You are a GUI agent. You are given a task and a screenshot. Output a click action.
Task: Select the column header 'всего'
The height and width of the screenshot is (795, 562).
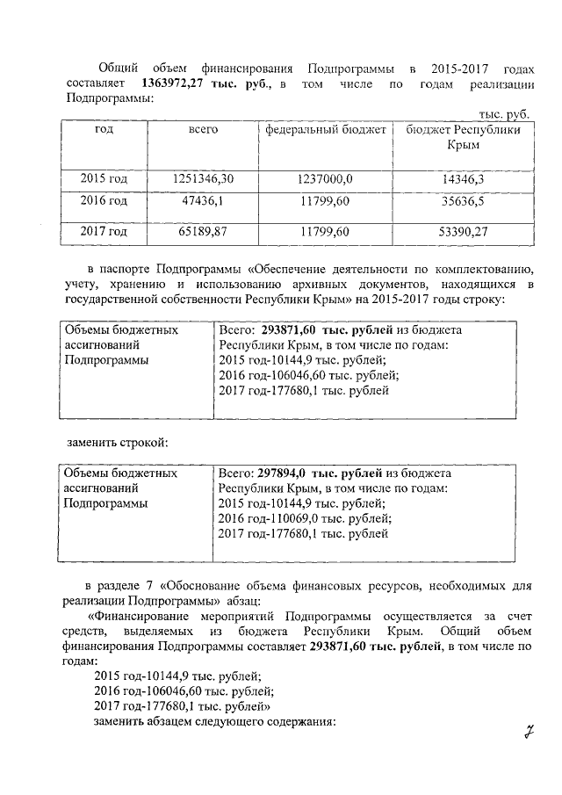[204, 129]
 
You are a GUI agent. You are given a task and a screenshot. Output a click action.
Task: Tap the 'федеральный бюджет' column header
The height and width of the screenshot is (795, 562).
[326, 129]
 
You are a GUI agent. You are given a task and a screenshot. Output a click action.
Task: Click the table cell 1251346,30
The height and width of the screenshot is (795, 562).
[203, 178]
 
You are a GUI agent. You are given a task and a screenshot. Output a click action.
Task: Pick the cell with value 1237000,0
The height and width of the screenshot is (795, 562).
[325, 178]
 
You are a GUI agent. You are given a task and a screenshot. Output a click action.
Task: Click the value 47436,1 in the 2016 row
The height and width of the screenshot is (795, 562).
[203, 201]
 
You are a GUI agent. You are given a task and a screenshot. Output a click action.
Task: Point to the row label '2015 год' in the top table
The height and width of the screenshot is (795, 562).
[104, 178]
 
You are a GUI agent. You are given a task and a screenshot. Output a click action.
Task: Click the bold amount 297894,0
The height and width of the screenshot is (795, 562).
[288, 473]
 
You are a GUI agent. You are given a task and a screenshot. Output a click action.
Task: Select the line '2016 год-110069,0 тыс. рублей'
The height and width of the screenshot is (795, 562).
[304, 518]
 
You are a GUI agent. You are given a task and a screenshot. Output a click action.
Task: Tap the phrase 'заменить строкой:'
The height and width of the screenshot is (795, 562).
[119, 439]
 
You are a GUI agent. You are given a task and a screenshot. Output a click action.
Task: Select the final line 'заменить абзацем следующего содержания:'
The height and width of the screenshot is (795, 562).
[214, 722]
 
